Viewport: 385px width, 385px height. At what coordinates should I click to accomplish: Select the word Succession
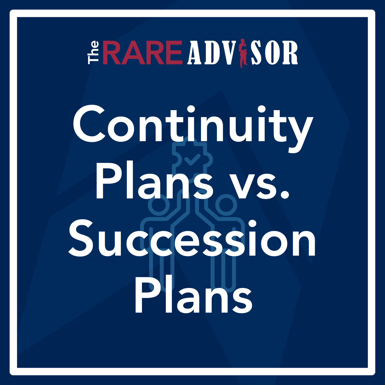click(x=192, y=239)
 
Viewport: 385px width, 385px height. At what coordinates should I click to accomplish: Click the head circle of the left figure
click(x=159, y=205)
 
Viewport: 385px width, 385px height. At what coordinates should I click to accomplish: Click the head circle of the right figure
click(x=226, y=205)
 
